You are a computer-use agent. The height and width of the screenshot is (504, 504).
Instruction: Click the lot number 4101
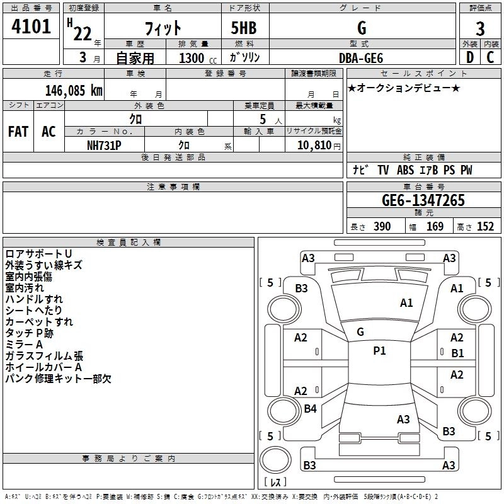(x=31, y=26)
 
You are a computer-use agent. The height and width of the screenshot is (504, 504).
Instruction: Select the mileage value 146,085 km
(x=74, y=91)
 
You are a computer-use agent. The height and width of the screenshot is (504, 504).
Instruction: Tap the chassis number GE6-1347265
(x=423, y=200)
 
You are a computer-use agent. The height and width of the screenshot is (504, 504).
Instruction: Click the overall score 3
(x=480, y=29)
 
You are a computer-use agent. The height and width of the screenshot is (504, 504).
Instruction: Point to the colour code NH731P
(x=104, y=146)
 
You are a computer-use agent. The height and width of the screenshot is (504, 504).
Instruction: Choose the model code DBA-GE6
(x=361, y=58)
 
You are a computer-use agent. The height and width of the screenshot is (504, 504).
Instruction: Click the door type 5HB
(x=244, y=28)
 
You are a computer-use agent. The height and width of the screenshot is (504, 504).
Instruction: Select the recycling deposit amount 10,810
(x=314, y=146)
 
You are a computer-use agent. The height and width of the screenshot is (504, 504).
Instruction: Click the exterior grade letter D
(x=470, y=57)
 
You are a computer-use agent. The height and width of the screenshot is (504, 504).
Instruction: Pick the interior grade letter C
(x=490, y=57)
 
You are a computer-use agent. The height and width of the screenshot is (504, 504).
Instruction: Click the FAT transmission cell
(x=18, y=132)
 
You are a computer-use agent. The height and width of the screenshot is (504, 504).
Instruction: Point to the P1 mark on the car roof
(x=379, y=351)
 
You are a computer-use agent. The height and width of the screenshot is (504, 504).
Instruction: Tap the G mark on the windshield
(x=360, y=332)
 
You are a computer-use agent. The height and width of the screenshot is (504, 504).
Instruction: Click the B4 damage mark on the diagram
(x=310, y=408)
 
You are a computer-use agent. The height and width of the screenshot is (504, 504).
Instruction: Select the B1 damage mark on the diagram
(x=457, y=353)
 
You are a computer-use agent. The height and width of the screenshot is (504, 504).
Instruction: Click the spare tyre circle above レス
(x=275, y=460)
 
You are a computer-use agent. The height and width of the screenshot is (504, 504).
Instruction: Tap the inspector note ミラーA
(x=24, y=345)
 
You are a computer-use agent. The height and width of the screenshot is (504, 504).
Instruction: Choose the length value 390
(x=382, y=227)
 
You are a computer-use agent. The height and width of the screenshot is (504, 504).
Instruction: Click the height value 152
(x=485, y=227)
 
